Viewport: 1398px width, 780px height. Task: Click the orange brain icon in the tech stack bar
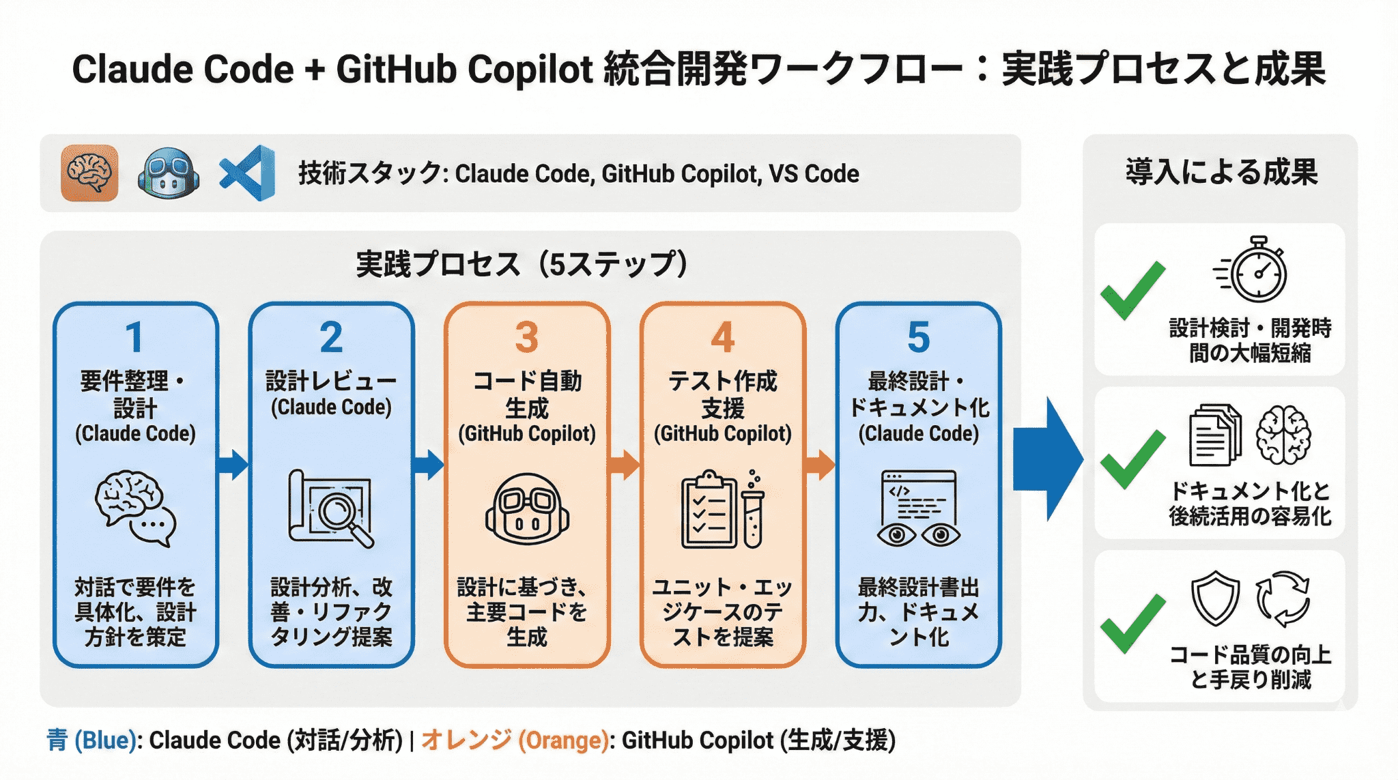[x=89, y=173]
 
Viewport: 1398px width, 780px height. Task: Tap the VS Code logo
[x=247, y=173]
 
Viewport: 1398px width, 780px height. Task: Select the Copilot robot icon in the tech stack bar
[x=168, y=173]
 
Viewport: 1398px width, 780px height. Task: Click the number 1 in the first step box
[x=134, y=337]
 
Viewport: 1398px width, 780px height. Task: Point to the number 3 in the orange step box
[x=526, y=337]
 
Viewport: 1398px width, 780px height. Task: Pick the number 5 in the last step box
[x=918, y=337]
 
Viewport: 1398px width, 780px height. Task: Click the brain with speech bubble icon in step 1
[x=135, y=508]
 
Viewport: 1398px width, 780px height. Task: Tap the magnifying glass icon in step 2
[x=331, y=508]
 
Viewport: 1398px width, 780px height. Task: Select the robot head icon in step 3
[x=527, y=508]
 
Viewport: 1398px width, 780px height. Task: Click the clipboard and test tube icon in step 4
[x=722, y=508]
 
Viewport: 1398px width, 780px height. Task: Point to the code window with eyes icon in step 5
[x=919, y=508]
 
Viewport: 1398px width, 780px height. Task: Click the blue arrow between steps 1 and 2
[x=233, y=465]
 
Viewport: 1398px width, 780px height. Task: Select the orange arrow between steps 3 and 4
[x=624, y=465]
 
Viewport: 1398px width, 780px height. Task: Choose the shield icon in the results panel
[x=1215, y=598]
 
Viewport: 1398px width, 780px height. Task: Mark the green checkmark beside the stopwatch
[x=1132, y=290]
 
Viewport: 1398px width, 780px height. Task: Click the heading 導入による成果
[x=1221, y=171]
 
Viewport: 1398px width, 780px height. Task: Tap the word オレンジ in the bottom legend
[x=466, y=740]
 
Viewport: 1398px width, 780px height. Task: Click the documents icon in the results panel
[x=1215, y=435]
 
